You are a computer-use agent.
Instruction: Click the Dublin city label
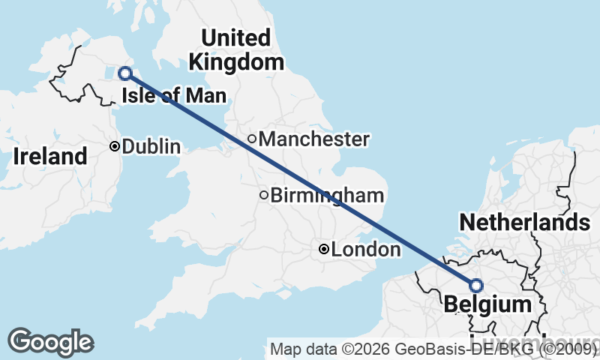151,146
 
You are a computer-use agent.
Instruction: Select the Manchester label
313,139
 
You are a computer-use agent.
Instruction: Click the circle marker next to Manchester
252,139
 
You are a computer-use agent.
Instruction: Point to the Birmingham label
327,196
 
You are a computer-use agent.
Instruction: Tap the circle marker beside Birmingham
263,196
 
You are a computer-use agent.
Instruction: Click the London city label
365,249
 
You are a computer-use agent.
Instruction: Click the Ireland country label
50,157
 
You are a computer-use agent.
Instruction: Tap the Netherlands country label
524,222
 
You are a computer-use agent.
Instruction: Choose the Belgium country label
487,304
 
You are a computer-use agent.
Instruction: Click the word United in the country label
235,37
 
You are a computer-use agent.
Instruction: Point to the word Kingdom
237,61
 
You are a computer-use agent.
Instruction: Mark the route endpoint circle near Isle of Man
125,73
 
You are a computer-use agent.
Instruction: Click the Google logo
50,342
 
